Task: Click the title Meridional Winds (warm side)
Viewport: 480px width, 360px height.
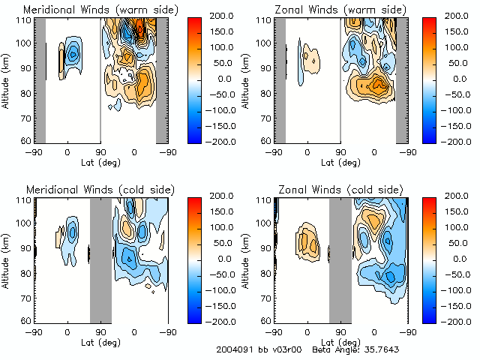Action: click(100, 10)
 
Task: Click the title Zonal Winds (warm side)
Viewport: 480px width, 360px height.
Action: click(337, 10)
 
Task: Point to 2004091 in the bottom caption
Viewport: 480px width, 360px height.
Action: click(234, 349)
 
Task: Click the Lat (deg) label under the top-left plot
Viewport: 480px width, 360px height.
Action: click(101, 161)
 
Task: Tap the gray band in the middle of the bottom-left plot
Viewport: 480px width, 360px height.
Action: click(100, 259)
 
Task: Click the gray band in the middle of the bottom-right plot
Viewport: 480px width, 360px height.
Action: click(340, 259)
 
